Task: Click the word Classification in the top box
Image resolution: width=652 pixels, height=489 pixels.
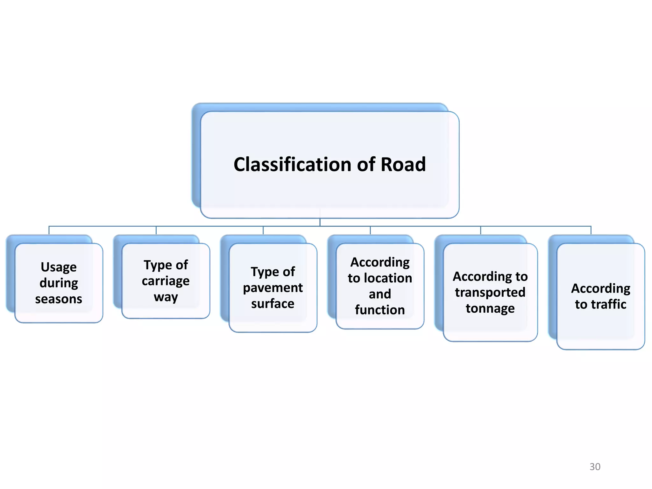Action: click(x=293, y=165)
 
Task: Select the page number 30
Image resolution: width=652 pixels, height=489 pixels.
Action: click(x=595, y=467)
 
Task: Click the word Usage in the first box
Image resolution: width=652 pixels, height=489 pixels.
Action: click(x=59, y=267)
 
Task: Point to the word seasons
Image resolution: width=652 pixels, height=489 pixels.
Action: click(x=59, y=299)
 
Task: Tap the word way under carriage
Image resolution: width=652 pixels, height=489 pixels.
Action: click(x=166, y=297)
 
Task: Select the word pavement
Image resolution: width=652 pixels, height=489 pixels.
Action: click(x=273, y=288)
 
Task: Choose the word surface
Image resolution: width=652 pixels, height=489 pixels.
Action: click(x=273, y=304)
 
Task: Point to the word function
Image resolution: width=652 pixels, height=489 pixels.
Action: click(x=380, y=310)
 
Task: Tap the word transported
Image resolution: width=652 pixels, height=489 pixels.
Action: click(x=490, y=293)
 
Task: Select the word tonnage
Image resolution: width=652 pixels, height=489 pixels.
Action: click(x=490, y=308)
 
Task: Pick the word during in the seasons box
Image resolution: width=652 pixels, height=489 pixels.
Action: click(x=59, y=283)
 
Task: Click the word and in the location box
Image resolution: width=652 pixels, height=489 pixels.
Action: click(x=380, y=294)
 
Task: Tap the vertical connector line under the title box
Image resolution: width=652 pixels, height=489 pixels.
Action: click(x=320, y=222)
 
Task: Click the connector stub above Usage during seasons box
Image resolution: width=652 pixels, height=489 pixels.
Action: click(x=49, y=230)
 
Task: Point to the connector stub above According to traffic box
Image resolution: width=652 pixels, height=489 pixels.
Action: click(x=591, y=230)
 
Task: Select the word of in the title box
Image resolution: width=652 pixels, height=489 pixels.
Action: click(x=366, y=165)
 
